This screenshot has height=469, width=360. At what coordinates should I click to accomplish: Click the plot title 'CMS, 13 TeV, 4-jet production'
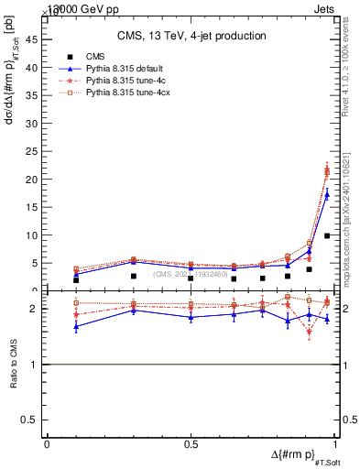(191, 36)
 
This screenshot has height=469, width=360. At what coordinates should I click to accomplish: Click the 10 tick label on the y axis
(36, 235)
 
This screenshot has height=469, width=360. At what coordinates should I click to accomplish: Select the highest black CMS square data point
(327, 235)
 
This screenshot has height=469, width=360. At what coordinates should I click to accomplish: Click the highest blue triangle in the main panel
(327, 194)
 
